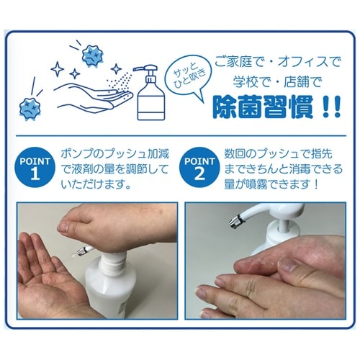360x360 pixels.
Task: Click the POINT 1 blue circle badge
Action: click(35, 167)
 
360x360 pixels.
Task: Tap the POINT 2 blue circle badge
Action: click(199, 167)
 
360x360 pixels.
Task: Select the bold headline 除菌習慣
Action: click(264, 107)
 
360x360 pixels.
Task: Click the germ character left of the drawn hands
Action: click(30, 109)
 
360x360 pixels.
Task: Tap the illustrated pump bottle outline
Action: click(150, 92)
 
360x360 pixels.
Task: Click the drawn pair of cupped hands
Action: click(94, 96)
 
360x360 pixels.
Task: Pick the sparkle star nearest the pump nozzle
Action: click(117, 69)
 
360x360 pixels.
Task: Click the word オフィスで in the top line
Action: click(310, 62)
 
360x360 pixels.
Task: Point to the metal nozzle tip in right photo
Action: click(233, 222)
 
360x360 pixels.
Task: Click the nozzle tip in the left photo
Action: click(82, 251)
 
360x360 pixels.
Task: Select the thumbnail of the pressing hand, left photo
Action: click(63, 227)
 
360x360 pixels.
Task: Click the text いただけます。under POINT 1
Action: click(96, 184)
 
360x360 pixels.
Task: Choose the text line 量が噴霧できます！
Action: click(271, 184)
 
